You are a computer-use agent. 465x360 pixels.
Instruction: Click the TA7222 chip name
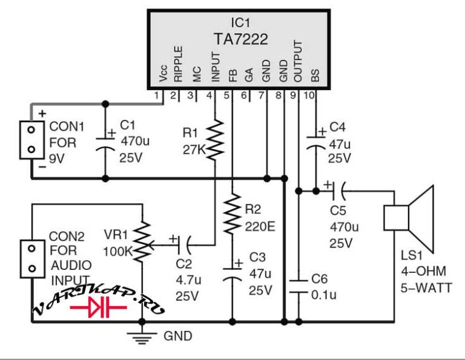pos(240,39)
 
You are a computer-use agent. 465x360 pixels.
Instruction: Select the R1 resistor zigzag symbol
pos(215,140)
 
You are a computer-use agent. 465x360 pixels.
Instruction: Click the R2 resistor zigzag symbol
pos(232,214)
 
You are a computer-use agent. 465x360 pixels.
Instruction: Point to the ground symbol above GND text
pos(142,338)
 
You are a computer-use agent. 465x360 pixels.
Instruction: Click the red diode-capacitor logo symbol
pos(99,307)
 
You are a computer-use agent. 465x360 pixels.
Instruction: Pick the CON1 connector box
pos(31,140)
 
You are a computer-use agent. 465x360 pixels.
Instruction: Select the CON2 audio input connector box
pos(31,259)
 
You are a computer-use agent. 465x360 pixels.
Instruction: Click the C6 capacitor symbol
pos(298,287)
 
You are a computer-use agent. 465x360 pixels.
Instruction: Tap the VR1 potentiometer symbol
pos(143,241)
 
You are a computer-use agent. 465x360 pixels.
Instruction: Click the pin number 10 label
pos(309,96)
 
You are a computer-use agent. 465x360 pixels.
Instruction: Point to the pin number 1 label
pos(156,96)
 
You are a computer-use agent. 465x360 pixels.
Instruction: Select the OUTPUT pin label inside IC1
pos(297,61)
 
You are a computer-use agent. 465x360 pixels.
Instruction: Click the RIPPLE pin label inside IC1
pos(178,64)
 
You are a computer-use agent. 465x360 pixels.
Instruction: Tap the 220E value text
pos(260,227)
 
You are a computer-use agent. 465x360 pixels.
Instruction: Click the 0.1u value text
pos(324,295)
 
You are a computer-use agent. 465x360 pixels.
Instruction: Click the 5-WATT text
pos(426,288)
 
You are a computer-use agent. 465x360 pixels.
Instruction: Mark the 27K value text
pos(194,150)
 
